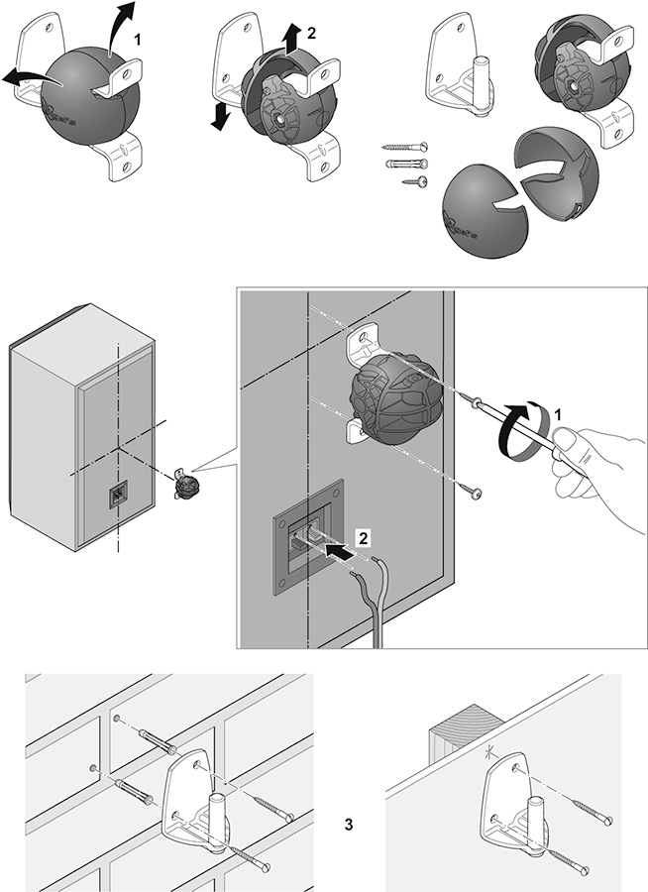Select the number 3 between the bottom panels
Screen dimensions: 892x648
click(348, 824)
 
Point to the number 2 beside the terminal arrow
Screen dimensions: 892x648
click(364, 539)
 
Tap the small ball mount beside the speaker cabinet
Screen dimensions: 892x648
click(185, 485)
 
